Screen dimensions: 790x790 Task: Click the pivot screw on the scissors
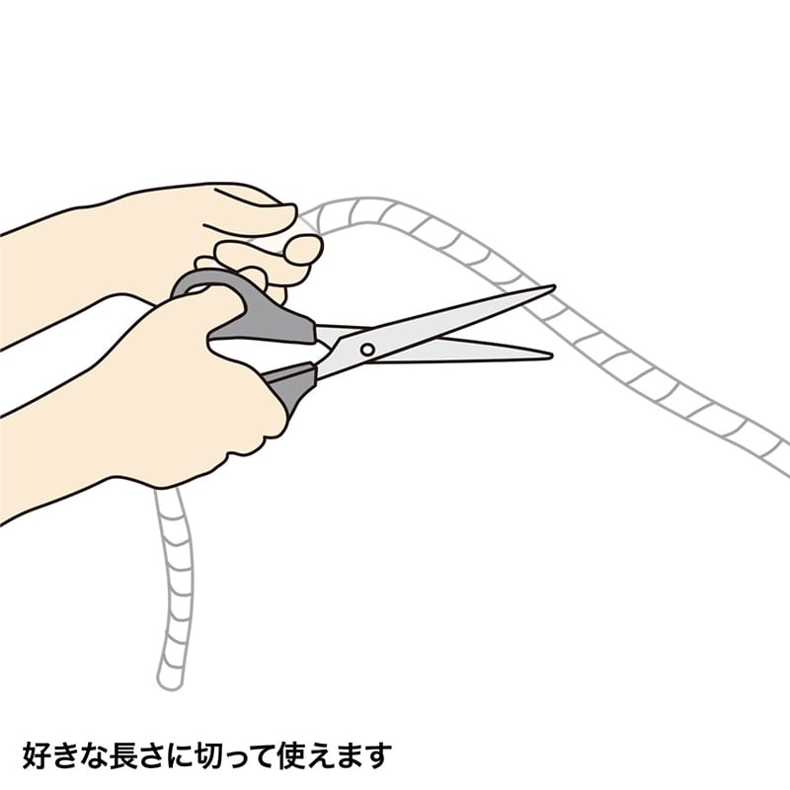coord(367,348)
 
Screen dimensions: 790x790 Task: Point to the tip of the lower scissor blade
coord(549,353)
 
